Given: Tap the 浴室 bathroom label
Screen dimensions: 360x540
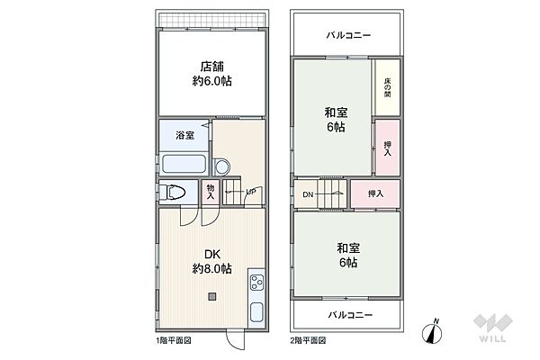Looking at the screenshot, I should pos(184,136).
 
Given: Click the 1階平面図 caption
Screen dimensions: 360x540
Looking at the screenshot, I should pos(173,342).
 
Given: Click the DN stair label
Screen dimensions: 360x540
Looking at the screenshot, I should pos(307,193).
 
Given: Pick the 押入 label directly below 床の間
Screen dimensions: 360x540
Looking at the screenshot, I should pos(388,148).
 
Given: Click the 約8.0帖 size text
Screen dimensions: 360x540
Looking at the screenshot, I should pos(213,270).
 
